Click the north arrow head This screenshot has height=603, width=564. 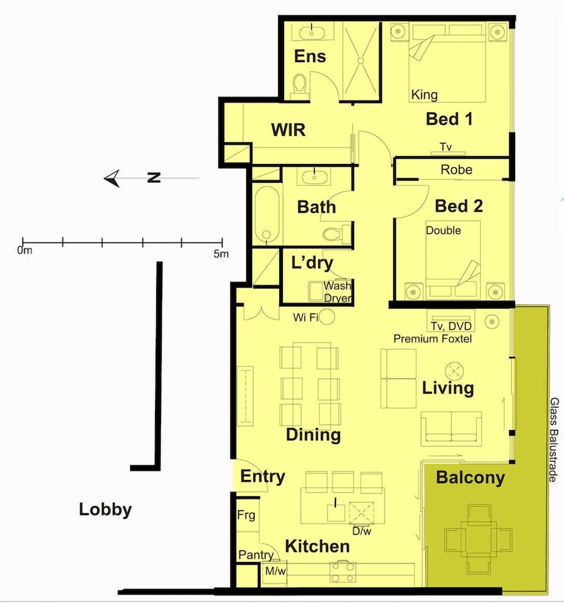(112, 178)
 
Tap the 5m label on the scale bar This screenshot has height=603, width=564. (221, 253)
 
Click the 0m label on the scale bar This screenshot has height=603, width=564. (25, 251)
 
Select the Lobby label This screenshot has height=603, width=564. (106, 509)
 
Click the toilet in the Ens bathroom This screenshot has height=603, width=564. (299, 83)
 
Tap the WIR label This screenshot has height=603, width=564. (288, 130)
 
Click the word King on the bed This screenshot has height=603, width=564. (424, 95)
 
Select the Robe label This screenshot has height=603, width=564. (456, 169)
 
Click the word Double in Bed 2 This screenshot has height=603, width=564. (443, 230)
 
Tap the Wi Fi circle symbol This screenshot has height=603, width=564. (328, 317)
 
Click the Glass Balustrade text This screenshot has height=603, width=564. (554, 440)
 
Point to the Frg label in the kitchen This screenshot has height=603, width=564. (246, 515)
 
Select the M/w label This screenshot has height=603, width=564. (276, 570)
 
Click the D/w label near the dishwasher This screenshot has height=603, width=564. (362, 531)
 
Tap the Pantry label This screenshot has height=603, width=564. (256, 555)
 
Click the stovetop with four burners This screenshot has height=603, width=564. (343, 572)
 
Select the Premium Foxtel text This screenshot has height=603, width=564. (433, 339)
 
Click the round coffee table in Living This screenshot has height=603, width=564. (454, 371)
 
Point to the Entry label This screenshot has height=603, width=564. (263, 476)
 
